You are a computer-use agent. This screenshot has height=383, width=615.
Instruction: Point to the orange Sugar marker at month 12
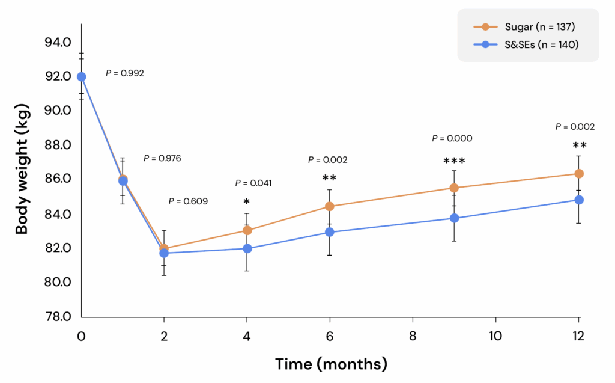579,174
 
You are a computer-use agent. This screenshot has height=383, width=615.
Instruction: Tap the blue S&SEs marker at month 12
579,200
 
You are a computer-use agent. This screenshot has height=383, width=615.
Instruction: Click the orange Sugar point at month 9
454,188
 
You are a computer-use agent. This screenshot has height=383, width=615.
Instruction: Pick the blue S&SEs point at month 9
454,218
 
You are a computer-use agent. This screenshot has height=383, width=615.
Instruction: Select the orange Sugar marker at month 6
330,206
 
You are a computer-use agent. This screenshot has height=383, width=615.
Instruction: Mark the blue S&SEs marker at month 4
247,248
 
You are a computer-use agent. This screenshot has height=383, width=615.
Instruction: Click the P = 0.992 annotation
125,73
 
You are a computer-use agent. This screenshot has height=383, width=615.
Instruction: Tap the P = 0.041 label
253,183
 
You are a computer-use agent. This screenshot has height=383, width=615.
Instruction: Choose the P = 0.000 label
452,138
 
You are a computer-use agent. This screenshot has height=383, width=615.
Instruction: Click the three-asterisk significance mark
454,162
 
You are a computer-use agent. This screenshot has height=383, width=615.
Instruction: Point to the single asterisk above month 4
247,201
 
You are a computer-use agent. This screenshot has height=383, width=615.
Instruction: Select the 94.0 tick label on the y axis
58,42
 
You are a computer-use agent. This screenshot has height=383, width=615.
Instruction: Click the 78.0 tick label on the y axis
58,316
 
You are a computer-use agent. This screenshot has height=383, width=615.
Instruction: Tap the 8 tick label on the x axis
413,336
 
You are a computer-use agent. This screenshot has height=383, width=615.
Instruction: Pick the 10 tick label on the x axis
496,336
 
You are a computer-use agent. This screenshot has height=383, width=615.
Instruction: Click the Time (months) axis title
331,364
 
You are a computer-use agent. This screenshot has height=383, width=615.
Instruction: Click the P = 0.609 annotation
188,201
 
